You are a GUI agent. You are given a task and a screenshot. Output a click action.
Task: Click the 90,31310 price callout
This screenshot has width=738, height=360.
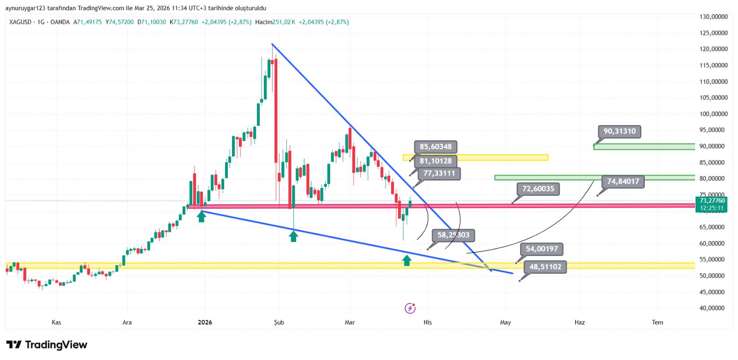619,131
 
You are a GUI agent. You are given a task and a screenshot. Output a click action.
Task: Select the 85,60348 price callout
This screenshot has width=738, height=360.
435,147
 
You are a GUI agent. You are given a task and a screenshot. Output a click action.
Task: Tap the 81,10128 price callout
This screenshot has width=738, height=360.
435,161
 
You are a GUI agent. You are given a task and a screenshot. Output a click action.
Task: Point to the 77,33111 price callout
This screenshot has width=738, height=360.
439,174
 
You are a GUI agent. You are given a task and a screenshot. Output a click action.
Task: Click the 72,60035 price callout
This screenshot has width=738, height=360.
538,189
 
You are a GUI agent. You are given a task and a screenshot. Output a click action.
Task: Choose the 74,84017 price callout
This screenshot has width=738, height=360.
623,182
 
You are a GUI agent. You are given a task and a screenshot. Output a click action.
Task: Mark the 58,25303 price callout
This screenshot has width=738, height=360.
453,235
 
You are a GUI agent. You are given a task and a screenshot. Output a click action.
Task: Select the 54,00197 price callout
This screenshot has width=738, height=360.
542,249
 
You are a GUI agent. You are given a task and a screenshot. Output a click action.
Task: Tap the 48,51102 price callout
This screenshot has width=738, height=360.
545,267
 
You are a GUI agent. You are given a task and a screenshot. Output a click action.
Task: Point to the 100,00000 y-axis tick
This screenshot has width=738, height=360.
714,114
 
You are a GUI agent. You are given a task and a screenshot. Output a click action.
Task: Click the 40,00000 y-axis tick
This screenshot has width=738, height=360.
714,308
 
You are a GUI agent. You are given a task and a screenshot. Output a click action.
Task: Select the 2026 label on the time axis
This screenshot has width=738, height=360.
205,322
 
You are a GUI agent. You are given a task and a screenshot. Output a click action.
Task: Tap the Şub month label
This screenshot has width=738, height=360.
279,322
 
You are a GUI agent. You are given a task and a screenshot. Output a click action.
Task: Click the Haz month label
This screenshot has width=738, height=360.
579,322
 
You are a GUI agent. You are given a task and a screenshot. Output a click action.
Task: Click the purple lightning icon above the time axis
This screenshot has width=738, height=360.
410,308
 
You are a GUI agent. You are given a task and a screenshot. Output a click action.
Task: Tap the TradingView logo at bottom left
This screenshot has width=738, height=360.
47,345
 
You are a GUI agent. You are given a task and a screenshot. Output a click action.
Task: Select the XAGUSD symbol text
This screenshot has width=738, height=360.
20,22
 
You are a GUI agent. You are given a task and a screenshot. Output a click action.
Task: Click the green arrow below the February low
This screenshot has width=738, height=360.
293,236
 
